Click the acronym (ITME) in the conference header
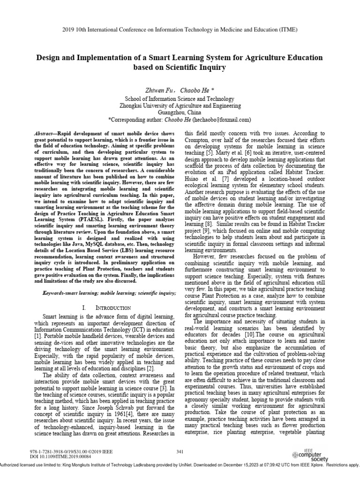(287, 30)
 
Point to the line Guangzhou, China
(180, 112)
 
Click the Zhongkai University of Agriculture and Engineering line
(180, 106)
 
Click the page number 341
(180, 451)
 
